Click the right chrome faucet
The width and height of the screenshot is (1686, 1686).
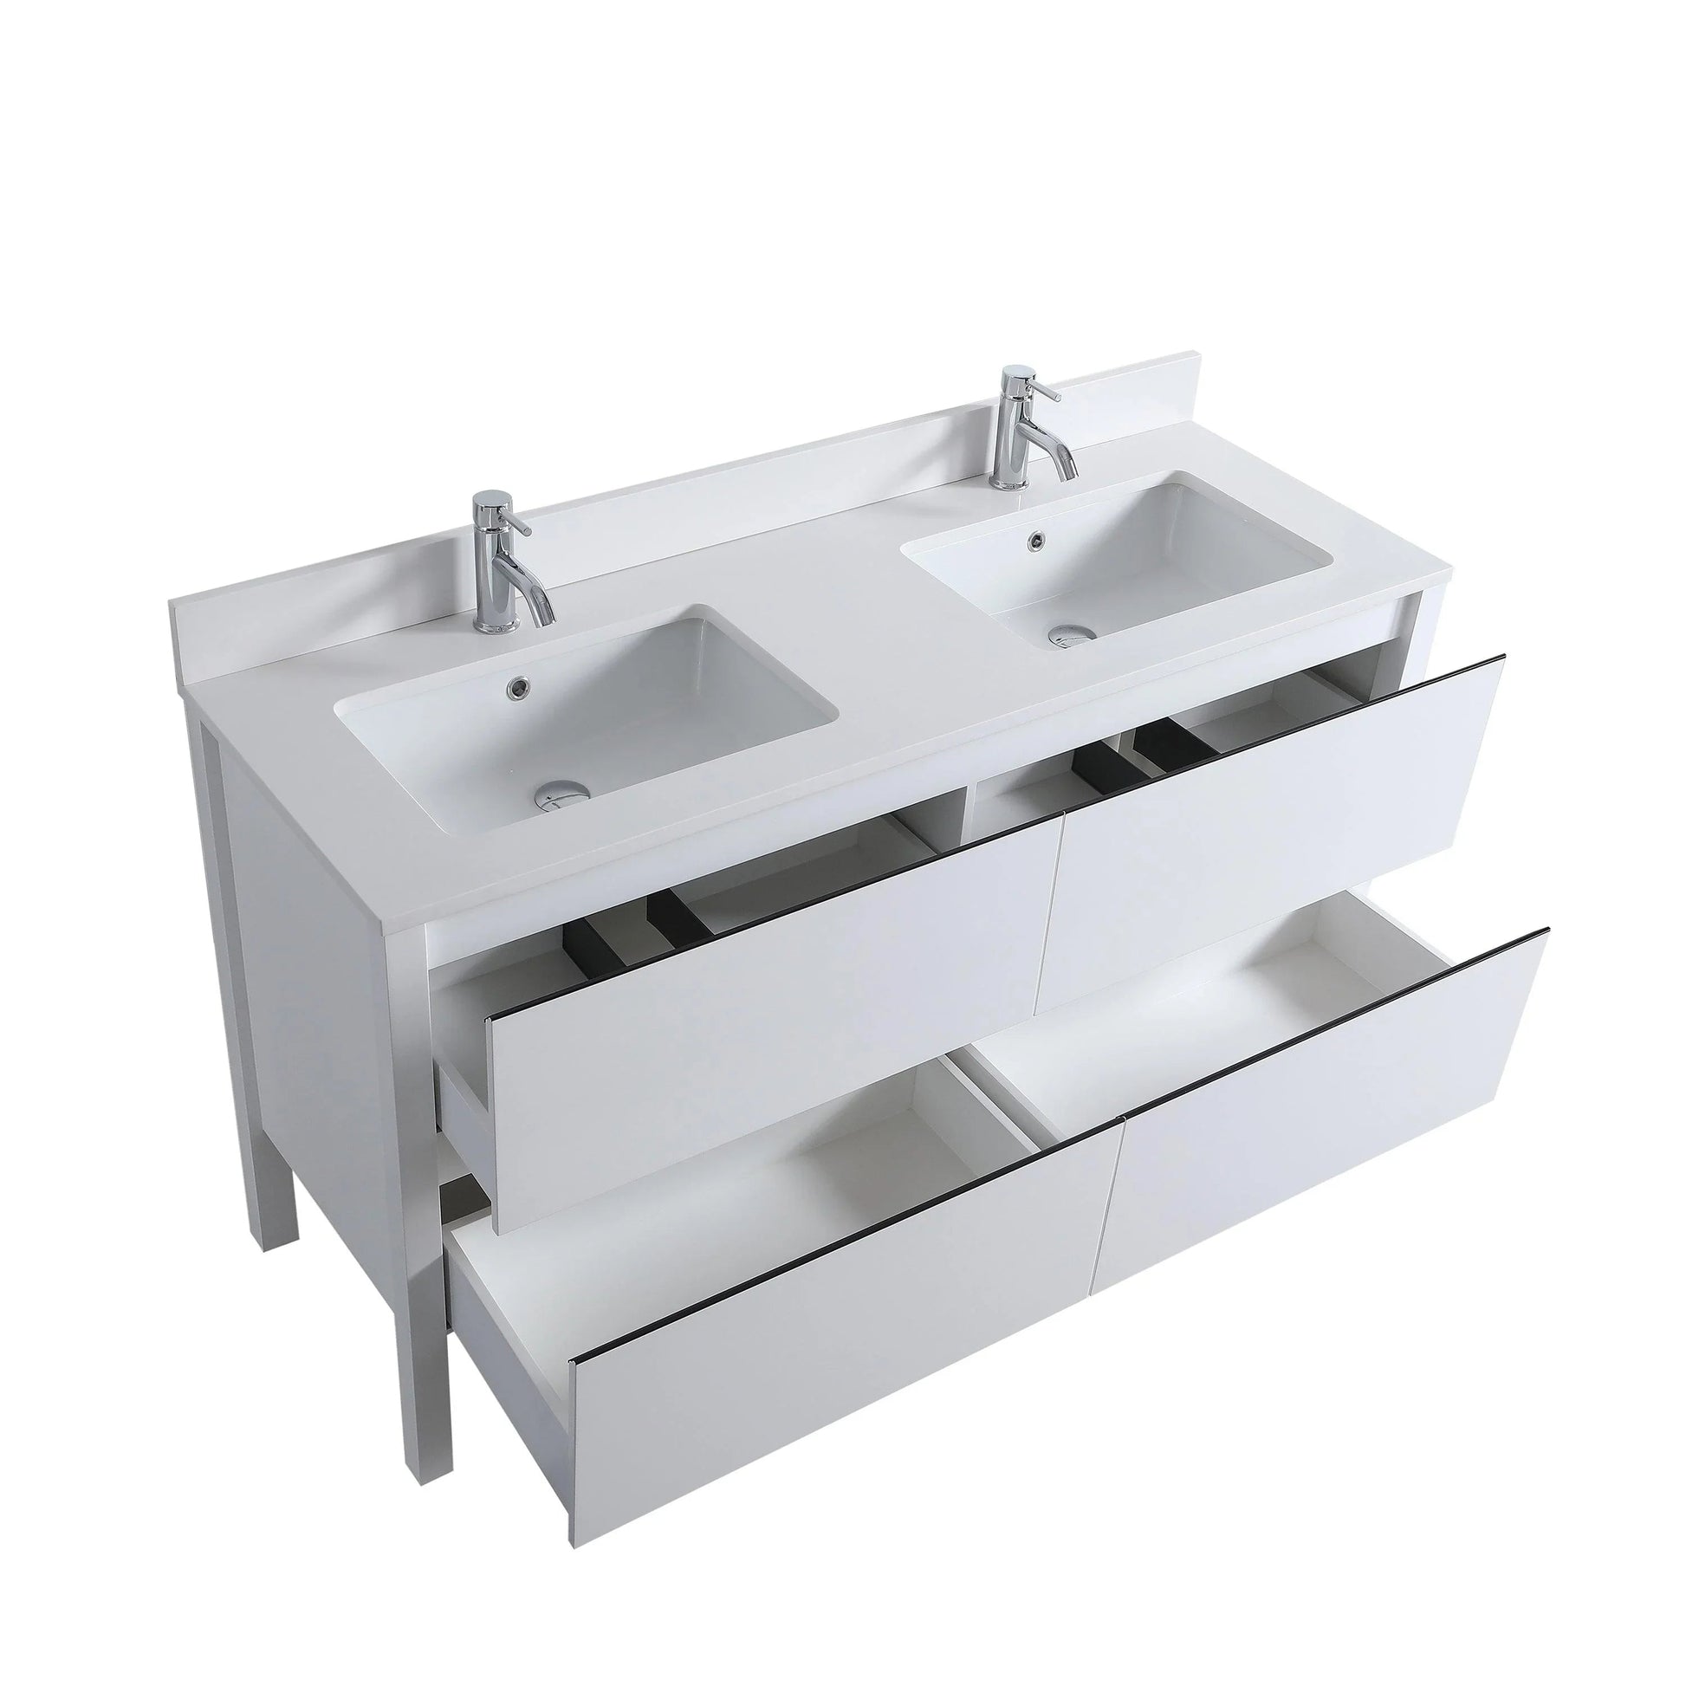pos(1021,428)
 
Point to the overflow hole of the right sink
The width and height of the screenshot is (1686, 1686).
pos(1036,539)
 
